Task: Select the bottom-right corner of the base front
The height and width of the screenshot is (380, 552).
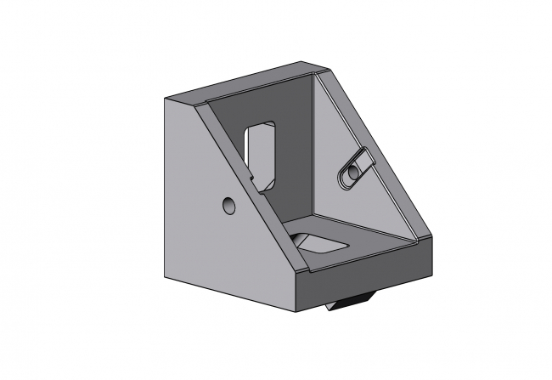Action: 434,270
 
